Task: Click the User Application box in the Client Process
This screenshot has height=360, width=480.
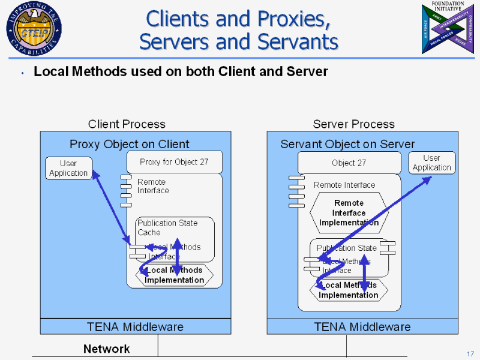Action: pos(68,168)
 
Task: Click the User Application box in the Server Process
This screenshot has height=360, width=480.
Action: pos(431,163)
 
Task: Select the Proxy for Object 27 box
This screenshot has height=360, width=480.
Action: pos(174,162)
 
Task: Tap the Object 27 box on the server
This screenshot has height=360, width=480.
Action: pos(349,163)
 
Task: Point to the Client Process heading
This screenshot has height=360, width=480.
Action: pos(127,124)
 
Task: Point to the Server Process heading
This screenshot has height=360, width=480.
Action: pos(353,124)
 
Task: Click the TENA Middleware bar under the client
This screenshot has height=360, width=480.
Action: pos(135,327)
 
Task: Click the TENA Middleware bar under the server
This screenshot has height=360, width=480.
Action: pos(362,327)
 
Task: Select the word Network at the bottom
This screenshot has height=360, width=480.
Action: pos(106,349)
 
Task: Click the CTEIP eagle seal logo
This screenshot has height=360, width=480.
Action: pos(34,28)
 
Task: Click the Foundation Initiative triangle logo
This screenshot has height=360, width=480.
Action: pos(446,28)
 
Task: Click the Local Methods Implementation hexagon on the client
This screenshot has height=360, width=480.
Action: pos(175,275)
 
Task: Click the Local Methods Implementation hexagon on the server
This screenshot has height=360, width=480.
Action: pos(349,290)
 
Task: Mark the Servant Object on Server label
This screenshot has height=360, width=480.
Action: pos(347,145)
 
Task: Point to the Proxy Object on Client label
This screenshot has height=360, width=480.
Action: pos(129,144)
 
